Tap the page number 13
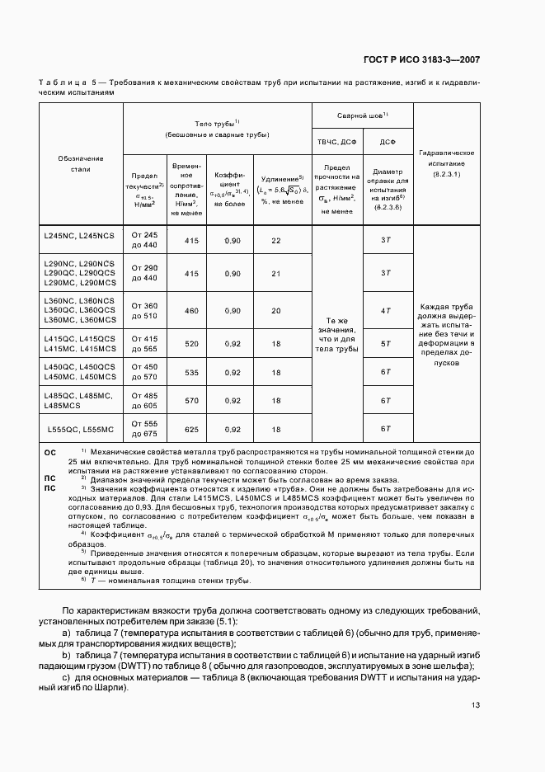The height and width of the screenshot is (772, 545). [475, 704]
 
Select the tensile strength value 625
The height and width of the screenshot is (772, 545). [191, 430]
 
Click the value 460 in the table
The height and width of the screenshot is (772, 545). [191, 311]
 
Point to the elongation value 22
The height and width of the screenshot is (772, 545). [275, 240]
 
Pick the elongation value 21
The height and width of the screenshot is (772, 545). [275, 273]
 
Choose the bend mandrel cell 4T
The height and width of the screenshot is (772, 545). [384, 311]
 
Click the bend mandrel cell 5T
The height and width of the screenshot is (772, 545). [384, 342]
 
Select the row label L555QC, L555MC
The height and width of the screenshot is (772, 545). [80, 430]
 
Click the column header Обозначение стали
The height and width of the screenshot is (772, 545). [80, 163]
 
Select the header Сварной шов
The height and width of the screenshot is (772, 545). [361, 115]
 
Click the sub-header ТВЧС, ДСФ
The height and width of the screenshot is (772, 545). [336, 142]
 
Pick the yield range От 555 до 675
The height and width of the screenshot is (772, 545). [143, 429]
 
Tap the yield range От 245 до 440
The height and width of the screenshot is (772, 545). [143, 240]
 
